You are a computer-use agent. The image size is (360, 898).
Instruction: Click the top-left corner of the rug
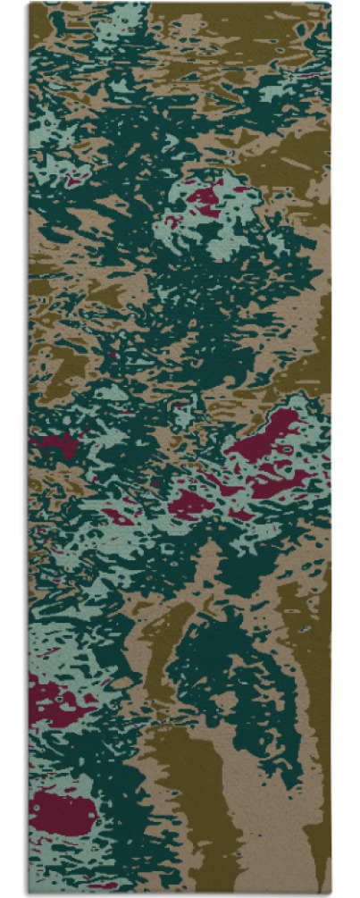tap(29, 4)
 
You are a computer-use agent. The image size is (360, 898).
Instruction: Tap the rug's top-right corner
tap(330, 4)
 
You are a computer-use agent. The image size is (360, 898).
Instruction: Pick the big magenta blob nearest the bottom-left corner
tap(63, 811)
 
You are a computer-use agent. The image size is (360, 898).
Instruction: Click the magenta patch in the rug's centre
tap(189, 503)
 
